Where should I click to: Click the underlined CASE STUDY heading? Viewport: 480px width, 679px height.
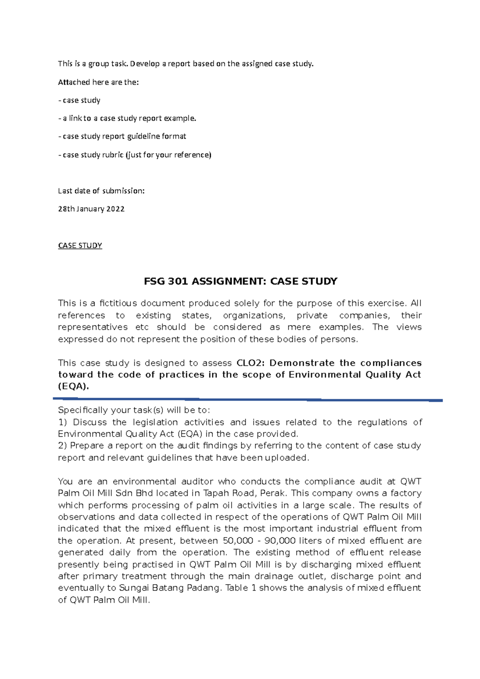click(80, 246)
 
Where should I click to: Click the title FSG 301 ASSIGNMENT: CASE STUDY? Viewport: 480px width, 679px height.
click(240, 281)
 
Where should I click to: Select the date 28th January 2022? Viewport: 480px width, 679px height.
click(91, 209)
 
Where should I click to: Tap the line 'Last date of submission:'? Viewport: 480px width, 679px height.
click(101, 191)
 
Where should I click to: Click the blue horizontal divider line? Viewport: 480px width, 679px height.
click(248, 399)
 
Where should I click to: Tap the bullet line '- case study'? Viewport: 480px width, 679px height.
click(79, 100)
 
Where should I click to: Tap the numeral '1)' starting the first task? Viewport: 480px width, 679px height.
click(63, 422)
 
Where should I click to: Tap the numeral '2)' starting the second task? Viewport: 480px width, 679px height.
click(63, 445)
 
